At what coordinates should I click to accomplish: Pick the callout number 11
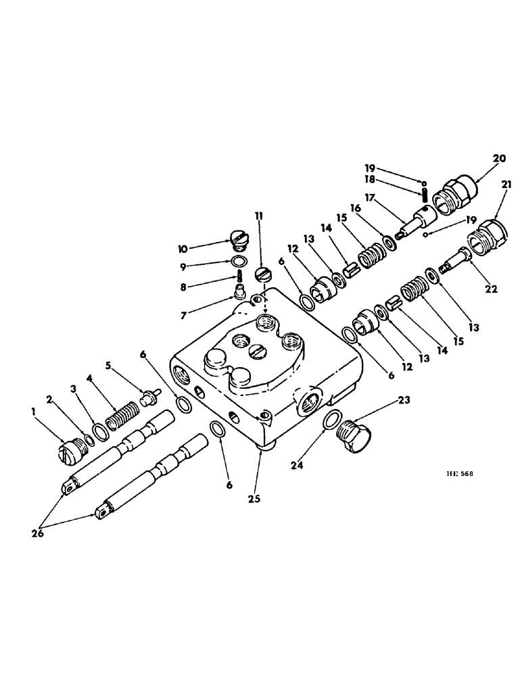[x=258, y=217]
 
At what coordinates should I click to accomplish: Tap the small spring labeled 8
[x=239, y=276]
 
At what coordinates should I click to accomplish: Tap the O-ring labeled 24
[x=331, y=420]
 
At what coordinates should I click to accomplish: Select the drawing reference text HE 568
[x=458, y=474]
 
